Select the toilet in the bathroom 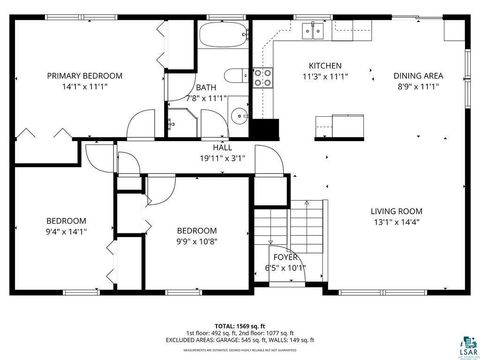point(233,75)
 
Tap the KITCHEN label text point(325,66)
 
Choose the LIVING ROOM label point(397,211)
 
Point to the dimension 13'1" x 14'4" point(397,223)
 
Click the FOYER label point(286,257)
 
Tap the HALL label point(222,147)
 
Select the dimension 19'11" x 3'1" point(222,158)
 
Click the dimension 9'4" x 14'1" point(66,231)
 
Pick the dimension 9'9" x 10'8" point(197,241)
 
